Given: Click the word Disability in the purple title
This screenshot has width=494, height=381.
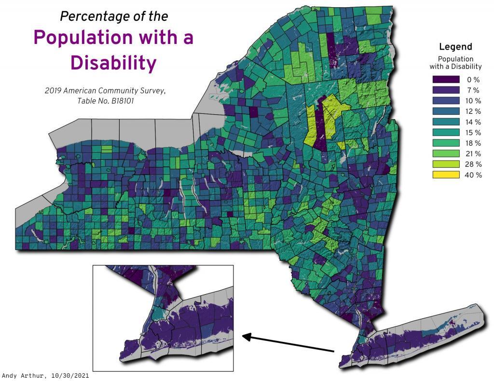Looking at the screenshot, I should pyautogui.click(x=114, y=63).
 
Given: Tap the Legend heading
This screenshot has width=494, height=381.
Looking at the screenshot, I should pyautogui.click(x=455, y=47).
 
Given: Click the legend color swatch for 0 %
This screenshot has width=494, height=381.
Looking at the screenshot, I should pyautogui.click(x=446, y=80).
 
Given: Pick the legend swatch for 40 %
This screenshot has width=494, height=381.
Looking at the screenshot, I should pyautogui.click(x=446, y=175).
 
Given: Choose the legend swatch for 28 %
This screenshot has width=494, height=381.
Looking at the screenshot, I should pyautogui.click(x=446, y=164).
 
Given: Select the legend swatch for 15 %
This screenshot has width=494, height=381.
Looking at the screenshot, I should pyautogui.click(x=446, y=133).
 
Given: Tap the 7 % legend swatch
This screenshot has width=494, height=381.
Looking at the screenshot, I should pyautogui.click(x=446, y=90).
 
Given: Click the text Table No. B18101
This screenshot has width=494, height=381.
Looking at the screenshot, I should pyautogui.click(x=106, y=101).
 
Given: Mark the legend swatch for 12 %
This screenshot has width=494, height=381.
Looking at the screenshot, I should pyautogui.click(x=446, y=111).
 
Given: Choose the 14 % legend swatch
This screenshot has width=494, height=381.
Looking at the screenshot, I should pyautogui.click(x=446, y=122).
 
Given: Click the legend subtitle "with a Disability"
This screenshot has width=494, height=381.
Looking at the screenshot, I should pyautogui.click(x=455, y=67).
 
